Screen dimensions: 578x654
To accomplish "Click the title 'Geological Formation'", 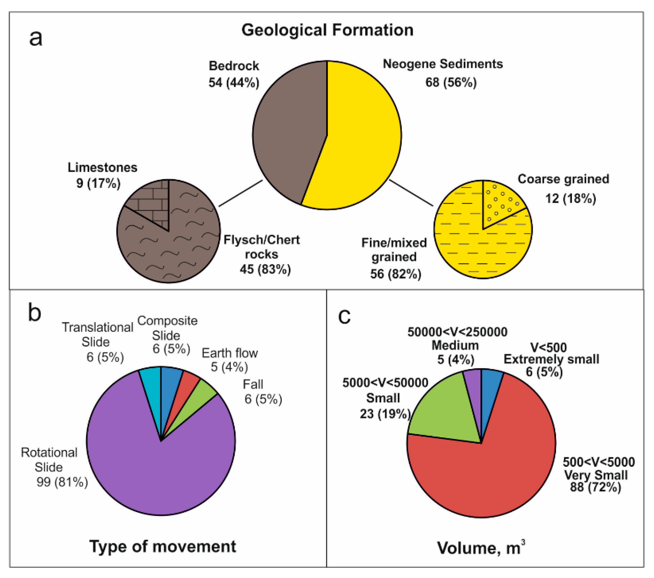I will (327, 30).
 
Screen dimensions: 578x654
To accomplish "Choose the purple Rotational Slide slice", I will (154, 464).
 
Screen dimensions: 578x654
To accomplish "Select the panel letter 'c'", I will (344, 316).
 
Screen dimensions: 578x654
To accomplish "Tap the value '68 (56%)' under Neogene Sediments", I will (451, 82).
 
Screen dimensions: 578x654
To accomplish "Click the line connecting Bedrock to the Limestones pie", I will (241, 193).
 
